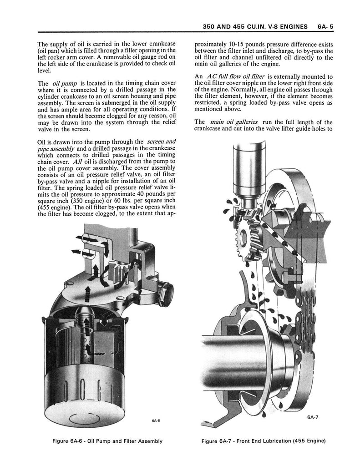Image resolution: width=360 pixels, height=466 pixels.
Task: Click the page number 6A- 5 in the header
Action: pos(325,26)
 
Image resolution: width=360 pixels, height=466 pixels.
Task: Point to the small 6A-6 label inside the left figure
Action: pos(156,420)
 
